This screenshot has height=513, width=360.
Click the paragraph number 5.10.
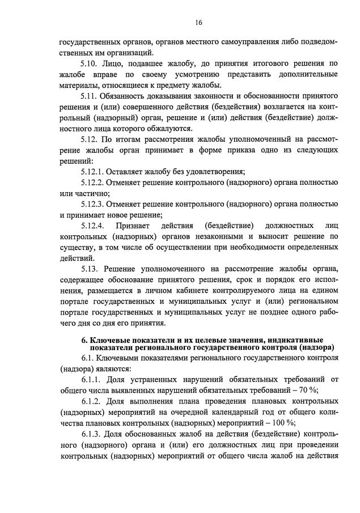point(90,65)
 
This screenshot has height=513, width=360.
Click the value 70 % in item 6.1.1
point(308,389)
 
